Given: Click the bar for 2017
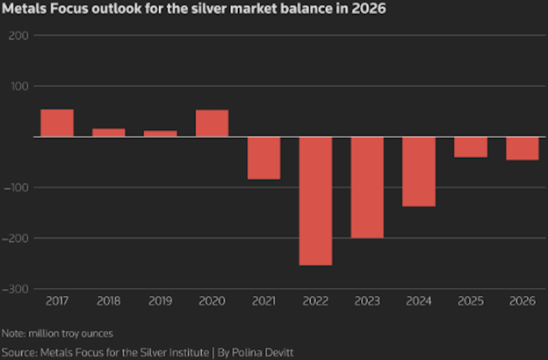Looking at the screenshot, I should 57,123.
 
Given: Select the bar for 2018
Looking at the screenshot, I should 109,132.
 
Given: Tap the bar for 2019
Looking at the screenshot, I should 161,133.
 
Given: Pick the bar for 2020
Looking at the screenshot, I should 212,123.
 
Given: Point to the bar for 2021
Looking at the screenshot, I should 263,158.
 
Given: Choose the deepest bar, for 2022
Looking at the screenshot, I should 315,201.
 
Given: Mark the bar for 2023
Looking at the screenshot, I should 367,187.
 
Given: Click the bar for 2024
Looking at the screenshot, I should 419,172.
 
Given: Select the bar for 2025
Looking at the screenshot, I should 471,147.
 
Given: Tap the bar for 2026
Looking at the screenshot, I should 523,148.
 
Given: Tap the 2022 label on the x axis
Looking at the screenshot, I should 315,301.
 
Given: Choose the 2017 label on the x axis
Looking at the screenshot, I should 57,301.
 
